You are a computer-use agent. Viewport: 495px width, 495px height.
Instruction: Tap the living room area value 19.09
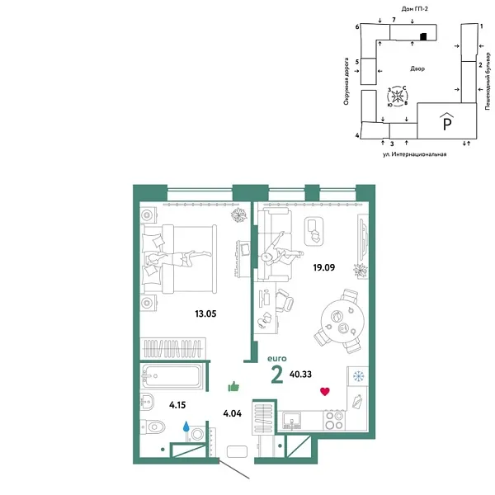click(x=325, y=266)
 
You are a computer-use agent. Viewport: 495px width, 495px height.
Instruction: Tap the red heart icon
click(x=325, y=391)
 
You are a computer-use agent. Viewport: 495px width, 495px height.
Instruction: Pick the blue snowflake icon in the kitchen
click(x=358, y=376)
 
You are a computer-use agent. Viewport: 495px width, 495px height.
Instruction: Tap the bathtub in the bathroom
click(x=172, y=376)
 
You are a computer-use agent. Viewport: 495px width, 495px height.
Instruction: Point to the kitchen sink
click(x=292, y=422)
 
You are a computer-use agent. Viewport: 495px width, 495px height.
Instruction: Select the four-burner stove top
click(x=335, y=422)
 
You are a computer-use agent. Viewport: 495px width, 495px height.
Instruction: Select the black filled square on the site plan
click(x=422, y=36)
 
